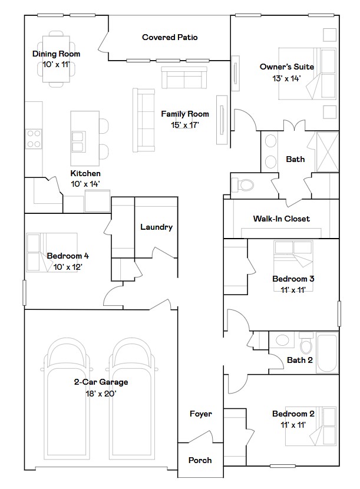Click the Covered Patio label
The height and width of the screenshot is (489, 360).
coord(170,38)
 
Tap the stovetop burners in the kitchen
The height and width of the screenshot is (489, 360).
coord(34,139)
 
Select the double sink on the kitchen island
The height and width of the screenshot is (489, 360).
coord(78,142)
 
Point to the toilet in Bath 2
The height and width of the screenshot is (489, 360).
coord(306,343)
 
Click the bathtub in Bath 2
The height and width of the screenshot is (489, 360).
coord(327,353)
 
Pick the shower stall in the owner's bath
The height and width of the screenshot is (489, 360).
coord(327,152)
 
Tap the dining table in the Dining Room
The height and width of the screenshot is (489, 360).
coord(56,59)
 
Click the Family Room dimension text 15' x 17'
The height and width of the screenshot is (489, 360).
coord(184,125)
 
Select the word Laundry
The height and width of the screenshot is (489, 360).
coord(156,227)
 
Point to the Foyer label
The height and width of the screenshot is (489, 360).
coord(200,414)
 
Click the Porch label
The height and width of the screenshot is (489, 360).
coord(200,460)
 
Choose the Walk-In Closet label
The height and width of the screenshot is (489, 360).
coord(282,219)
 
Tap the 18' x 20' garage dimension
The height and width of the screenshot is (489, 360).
coord(101,394)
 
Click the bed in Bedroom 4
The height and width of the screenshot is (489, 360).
coord(52,252)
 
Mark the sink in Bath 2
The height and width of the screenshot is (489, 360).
coord(282,340)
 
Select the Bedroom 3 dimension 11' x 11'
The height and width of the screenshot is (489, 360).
coord(293,290)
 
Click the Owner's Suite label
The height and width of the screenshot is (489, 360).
coord(287,67)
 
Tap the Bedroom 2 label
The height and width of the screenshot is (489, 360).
coord(293,414)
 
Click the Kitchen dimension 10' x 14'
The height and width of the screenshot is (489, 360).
coord(85,184)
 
